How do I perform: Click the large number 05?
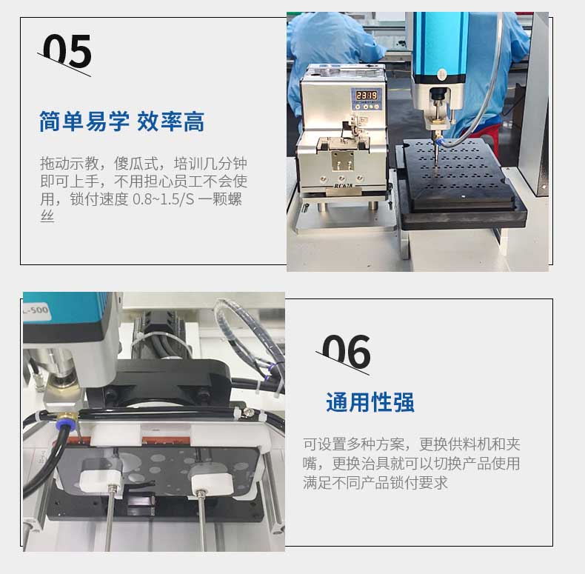coord(67,52)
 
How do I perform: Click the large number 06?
coord(347,352)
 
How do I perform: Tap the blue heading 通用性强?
coord(370,402)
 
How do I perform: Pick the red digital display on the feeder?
coord(367,95)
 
